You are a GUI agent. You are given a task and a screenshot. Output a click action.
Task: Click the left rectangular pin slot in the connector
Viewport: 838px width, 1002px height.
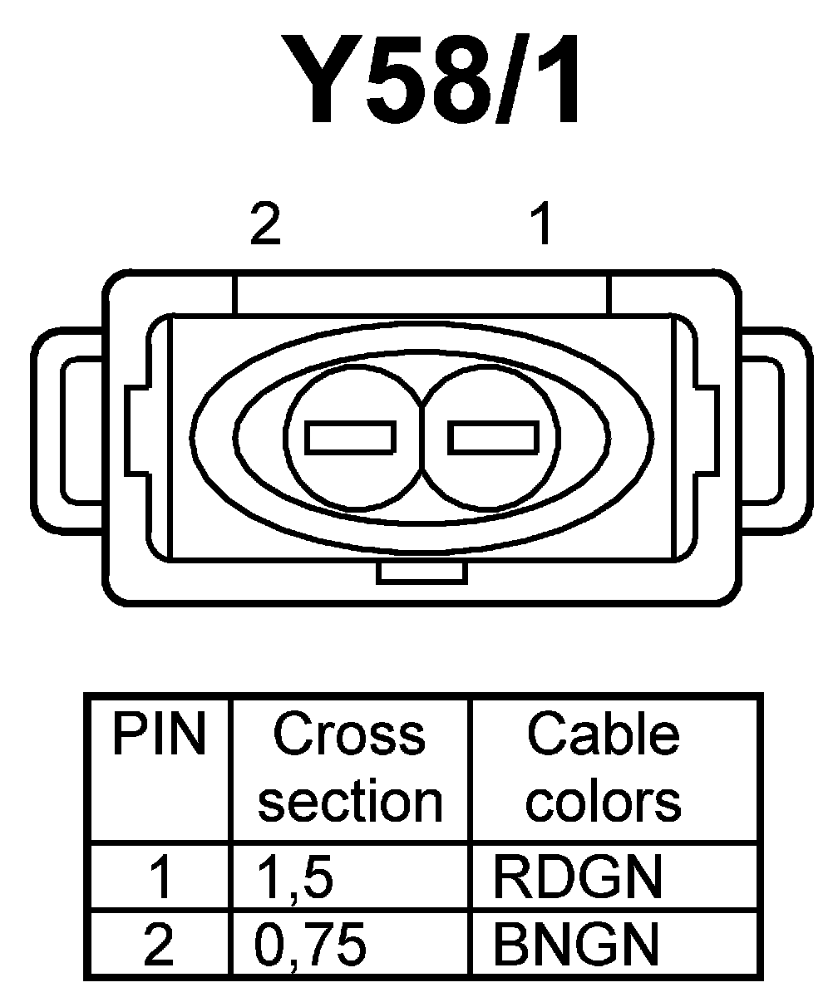tap(350, 438)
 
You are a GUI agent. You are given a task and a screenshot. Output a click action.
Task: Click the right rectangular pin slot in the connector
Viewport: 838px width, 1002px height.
tap(492, 438)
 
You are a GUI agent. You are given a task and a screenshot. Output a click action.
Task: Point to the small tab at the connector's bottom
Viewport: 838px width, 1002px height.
tap(420, 572)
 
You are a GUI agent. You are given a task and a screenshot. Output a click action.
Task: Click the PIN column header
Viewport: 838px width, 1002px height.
tap(159, 735)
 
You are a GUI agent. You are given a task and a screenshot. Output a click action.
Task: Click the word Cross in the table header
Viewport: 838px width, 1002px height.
tap(349, 735)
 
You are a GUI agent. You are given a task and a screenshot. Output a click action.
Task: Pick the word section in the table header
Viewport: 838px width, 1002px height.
tap(350, 801)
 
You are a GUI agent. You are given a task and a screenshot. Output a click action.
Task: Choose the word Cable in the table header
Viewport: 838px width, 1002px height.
tap(604, 735)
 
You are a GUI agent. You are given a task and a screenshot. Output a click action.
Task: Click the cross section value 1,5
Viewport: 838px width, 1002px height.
tap(294, 879)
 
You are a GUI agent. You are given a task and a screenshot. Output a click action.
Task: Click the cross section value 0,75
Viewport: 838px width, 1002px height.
tap(310, 945)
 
